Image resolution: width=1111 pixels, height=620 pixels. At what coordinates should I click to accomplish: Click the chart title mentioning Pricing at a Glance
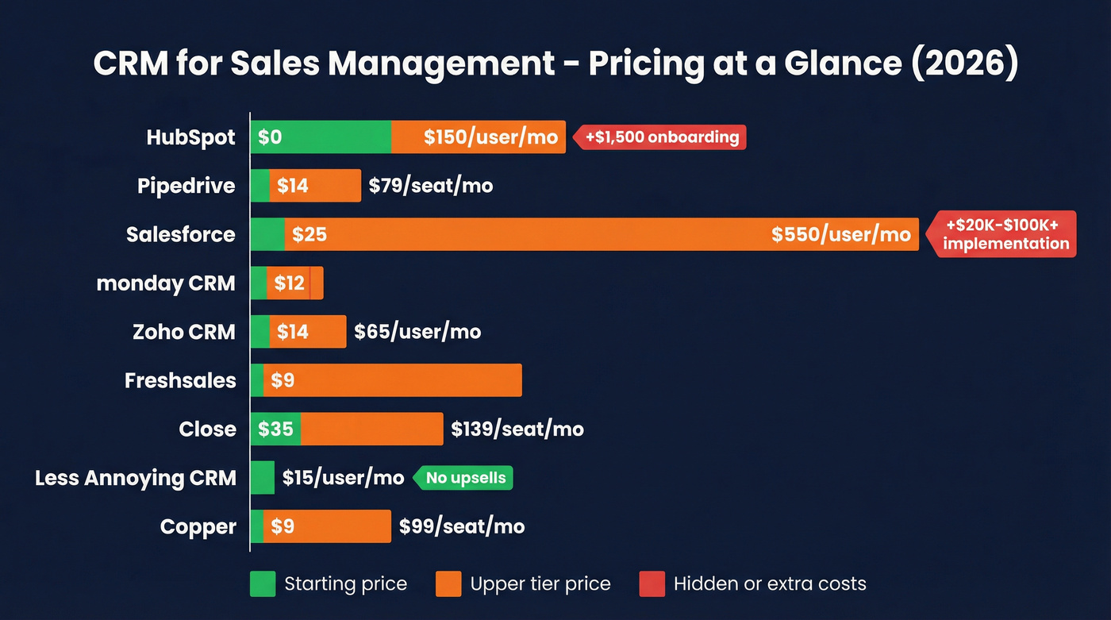[555, 64]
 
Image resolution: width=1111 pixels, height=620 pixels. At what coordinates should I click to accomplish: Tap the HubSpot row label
[190, 137]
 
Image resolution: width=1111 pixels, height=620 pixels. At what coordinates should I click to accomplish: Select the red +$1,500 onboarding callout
[661, 137]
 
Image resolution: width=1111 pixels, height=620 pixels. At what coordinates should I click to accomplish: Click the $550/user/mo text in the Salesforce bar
[840, 235]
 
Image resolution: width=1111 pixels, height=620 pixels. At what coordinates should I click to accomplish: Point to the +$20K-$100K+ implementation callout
[1005, 235]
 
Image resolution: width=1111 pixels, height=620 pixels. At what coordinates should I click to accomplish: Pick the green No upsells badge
[465, 478]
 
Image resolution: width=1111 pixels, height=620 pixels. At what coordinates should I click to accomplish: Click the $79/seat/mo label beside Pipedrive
[430, 186]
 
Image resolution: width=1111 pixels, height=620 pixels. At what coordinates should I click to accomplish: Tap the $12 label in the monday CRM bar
[289, 283]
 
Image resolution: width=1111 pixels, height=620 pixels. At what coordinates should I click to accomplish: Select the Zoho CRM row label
[183, 332]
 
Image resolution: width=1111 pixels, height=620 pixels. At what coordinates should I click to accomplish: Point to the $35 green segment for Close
[275, 429]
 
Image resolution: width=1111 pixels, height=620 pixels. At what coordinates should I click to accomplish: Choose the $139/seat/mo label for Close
[517, 429]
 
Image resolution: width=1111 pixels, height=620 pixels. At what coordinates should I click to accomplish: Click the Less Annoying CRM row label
[136, 478]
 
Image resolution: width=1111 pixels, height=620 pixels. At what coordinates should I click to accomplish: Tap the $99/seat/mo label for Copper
[461, 526]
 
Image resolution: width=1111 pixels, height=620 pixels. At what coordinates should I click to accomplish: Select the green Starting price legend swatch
[262, 584]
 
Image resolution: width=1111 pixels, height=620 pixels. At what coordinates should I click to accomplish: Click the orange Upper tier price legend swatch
[448, 584]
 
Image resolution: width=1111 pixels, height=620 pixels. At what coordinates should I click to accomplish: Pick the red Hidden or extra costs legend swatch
[652, 584]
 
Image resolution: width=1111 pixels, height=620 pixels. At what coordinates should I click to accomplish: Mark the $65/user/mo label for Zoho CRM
[417, 332]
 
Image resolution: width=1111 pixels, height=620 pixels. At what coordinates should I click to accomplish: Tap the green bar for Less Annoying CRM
[262, 478]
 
